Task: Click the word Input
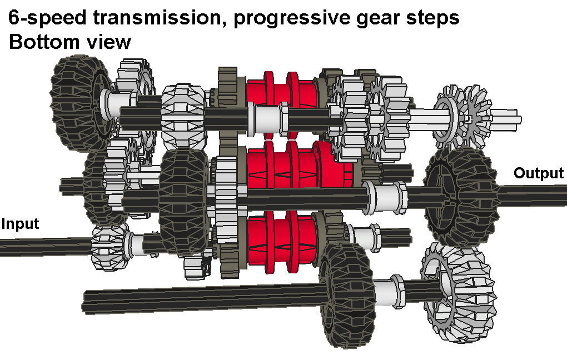pyautogui.click(x=20, y=224)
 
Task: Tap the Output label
pyautogui.click(x=539, y=173)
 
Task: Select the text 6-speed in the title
pyautogui.click(x=47, y=18)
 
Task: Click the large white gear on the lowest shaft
pyautogui.click(x=459, y=292)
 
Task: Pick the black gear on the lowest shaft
pyautogui.click(x=346, y=294)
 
